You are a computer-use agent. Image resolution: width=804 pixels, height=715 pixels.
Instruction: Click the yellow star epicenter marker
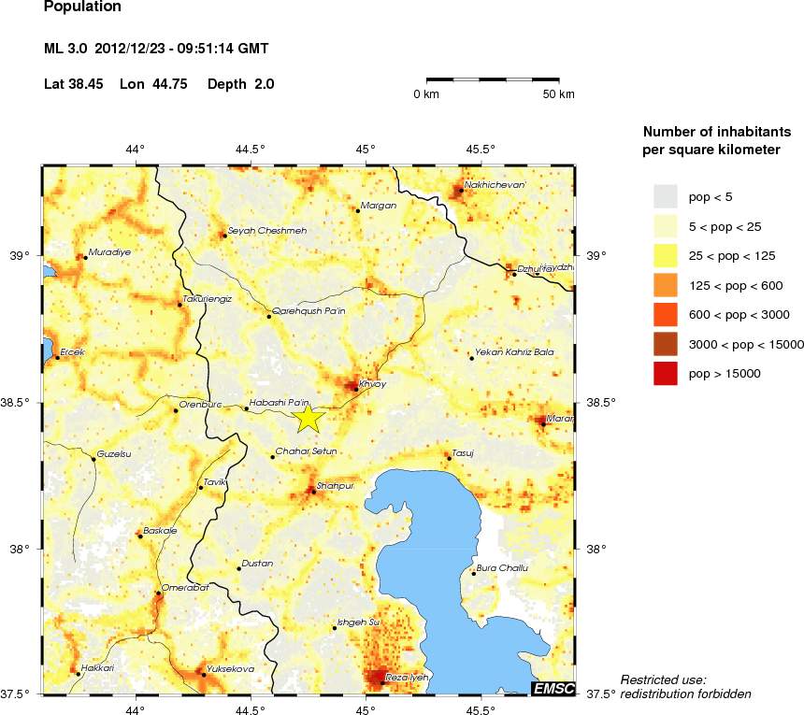point(309,419)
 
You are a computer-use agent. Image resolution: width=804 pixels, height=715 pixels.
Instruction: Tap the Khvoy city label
point(372,384)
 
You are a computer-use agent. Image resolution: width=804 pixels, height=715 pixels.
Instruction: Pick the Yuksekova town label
point(230,669)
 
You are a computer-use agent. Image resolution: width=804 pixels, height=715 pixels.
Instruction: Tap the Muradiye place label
point(108,252)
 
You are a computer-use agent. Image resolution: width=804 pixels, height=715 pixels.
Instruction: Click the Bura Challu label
point(502,567)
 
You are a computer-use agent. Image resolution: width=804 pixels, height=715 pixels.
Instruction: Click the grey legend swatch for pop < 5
point(665,196)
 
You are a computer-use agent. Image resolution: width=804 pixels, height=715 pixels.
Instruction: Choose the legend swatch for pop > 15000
point(665,373)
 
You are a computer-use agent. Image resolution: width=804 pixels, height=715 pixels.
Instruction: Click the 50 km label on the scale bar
point(559,94)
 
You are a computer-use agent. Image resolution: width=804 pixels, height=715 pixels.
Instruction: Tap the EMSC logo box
point(553,689)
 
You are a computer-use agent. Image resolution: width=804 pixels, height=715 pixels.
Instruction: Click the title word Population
point(82,7)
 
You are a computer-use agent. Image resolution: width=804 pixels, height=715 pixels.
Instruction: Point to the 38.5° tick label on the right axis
point(599,403)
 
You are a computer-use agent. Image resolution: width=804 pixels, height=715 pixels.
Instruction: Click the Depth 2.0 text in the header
point(241,84)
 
